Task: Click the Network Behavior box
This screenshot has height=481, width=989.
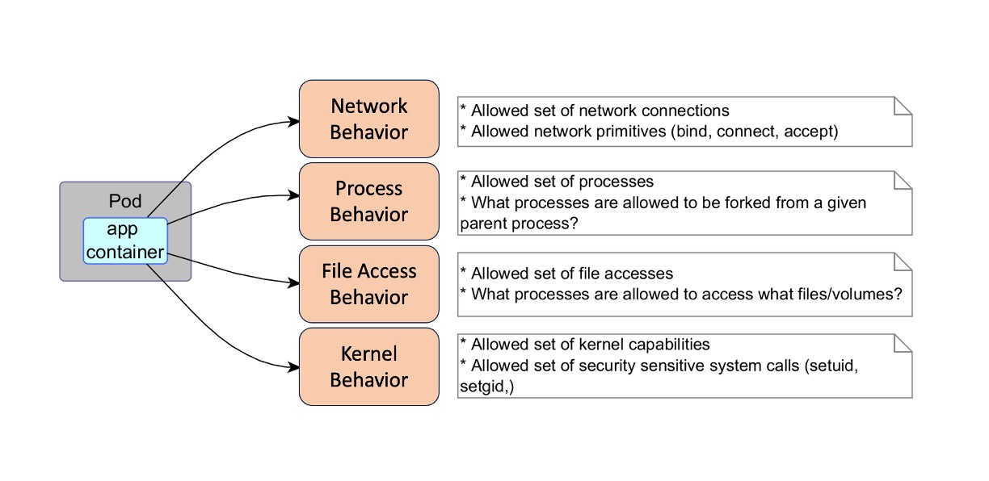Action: point(368,119)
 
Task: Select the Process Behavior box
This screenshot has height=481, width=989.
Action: point(368,202)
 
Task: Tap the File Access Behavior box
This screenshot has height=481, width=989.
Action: point(368,284)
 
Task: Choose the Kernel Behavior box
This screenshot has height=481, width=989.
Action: point(368,366)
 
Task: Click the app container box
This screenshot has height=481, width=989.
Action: point(124,240)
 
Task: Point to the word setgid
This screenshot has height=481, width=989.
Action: point(483,387)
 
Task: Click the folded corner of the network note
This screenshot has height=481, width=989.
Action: point(903,106)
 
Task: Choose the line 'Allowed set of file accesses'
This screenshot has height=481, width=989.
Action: point(571,274)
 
